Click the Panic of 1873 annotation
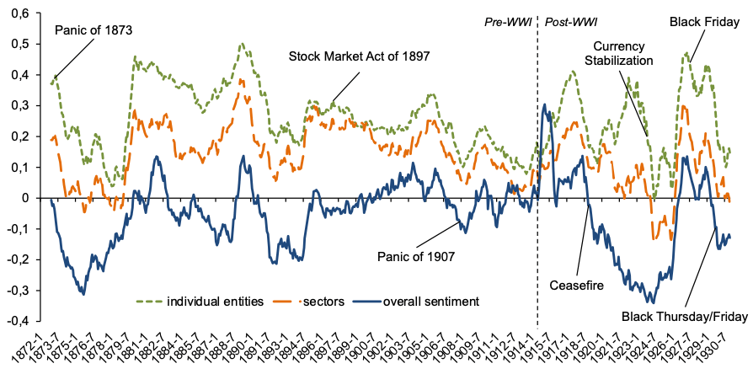[94, 31]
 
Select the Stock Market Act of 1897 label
[360, 57]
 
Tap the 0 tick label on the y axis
[35, 198]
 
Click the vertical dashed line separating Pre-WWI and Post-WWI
[537, 168]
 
